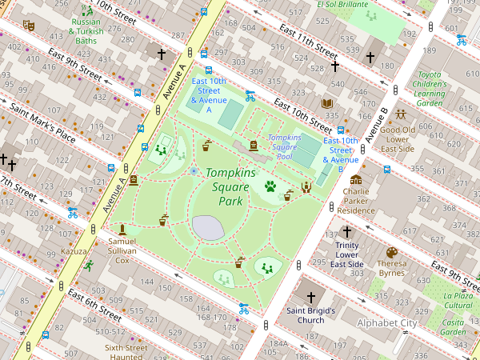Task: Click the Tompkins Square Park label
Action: [x=230, y=186]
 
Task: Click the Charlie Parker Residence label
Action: [x=356, y=201]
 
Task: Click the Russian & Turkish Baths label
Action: [x=86, y=31]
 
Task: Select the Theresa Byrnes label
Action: [x=392, y=268]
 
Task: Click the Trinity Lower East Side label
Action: [x=347, y=254]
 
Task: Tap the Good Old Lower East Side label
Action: [x=397, y=139]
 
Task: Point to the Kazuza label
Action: [x=74, y=251]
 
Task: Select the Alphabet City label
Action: [x=387, y=323]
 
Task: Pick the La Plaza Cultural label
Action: [x=458, y=300]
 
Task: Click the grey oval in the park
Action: [x=207, y=228]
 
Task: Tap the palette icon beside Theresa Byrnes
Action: [x=392, y=252]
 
